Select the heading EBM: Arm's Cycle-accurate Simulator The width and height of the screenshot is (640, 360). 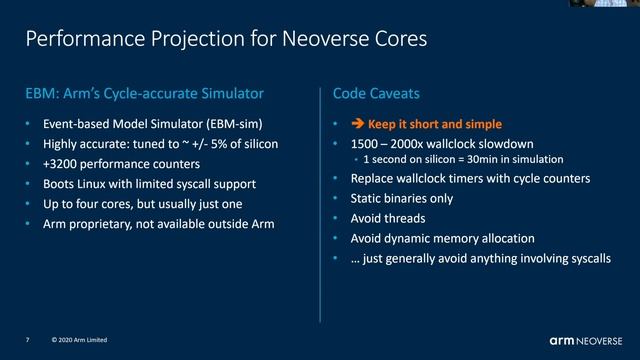point(144,95)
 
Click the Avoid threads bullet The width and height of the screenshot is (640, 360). point(388,218)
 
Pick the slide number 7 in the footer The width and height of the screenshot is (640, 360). point(28,340)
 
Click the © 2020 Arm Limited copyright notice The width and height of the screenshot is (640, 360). point(78,340)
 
